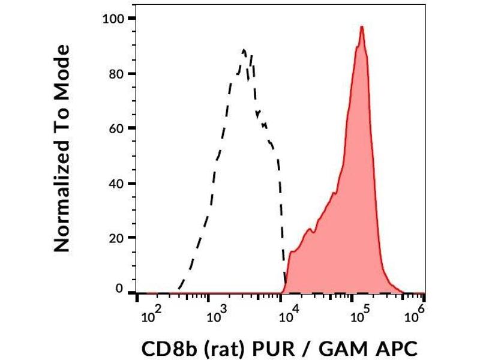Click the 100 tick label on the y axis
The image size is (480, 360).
(114, 19)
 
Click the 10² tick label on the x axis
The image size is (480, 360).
(150, 313)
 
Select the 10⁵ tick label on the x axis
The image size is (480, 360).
(360, 313)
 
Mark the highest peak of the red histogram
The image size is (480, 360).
(362, 27)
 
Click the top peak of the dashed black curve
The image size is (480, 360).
(244, 50)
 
